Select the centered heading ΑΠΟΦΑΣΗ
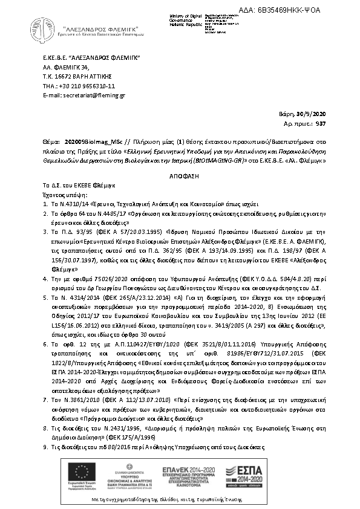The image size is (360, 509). pos(180,172)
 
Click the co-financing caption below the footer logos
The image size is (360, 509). pos(180,502)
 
